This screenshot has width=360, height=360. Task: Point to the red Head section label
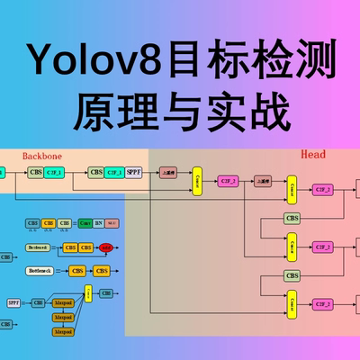pos(311,155)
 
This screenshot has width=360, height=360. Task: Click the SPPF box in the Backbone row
pos(134,172)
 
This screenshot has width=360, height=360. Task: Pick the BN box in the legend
pos(99,222)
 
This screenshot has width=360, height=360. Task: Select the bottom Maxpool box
pos(62,331)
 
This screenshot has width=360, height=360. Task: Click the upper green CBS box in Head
pos(292,218)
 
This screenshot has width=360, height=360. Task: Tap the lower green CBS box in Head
pos(292,275)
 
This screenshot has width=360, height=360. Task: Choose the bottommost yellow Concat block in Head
pos(292,304)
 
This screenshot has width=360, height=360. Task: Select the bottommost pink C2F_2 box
pos(322,304)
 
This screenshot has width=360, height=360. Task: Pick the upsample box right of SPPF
pos(167,172)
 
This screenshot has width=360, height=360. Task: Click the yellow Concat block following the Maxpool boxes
pos(88,293)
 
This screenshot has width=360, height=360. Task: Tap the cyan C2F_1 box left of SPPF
pos(114,172)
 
